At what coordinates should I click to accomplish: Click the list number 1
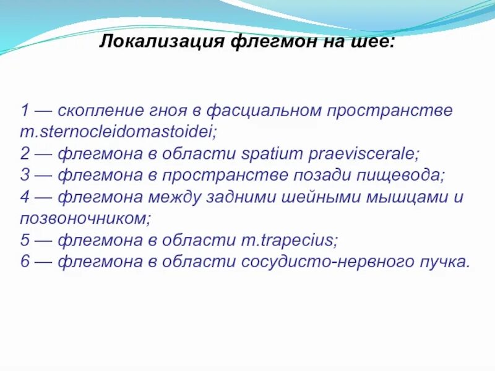[x=25, y=111]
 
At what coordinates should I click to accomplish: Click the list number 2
[x=25, y=153]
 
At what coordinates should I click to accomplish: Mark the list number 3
[x=25, y=175]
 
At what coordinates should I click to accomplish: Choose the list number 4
[x=25, y=197]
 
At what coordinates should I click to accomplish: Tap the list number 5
[x=25, y=240]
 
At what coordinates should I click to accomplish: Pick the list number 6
[x=25, y=262]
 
